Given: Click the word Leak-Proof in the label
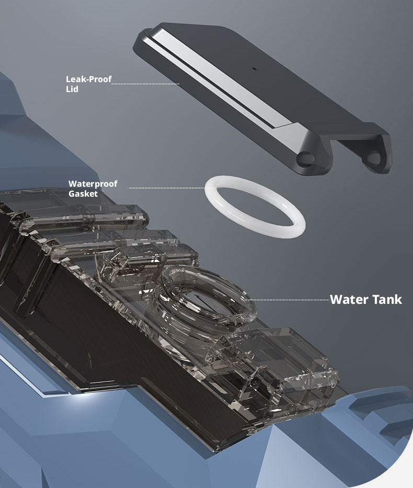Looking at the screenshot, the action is click(x=89, y=80).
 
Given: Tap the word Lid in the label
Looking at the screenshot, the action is click(x=72, y=89).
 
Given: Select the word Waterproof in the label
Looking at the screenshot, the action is click(x=93, y=184).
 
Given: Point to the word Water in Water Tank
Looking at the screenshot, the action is click(x=349, y=299).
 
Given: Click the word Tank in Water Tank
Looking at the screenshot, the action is click(x=387, y=299).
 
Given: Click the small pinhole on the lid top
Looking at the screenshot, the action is click(x=254, y=69).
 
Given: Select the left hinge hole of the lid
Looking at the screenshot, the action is click(x=305, y=158).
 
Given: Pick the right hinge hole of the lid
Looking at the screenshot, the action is click(x=373, y=158).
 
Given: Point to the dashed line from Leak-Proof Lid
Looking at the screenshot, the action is click(x=145, y=84).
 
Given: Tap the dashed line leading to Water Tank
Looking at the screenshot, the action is click(x=285, y=300).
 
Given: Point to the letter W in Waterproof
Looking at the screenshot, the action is click(x=73, y=184).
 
